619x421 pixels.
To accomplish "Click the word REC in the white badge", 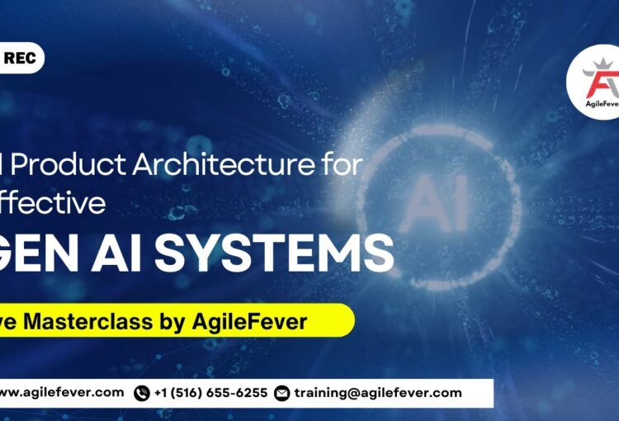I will [x=19, y=59].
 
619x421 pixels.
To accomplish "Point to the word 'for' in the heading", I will [x=341, y=165].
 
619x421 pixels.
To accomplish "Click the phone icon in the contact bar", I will [x=141, y=393].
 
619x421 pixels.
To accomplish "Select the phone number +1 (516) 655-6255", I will [x=210, y=393].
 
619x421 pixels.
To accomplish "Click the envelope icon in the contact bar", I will [x=282, y=393].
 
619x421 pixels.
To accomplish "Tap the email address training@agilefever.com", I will [x=378, y=393].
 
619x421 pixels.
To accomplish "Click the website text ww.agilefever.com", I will [x=62, y=393].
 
